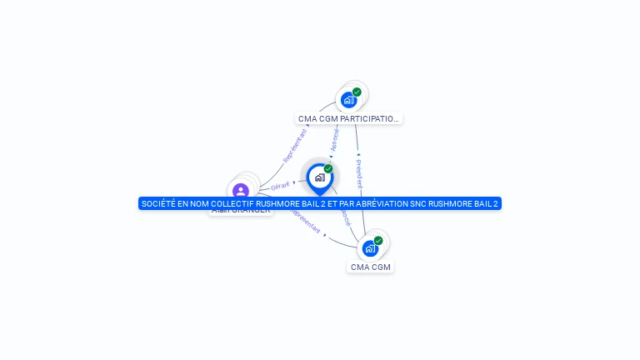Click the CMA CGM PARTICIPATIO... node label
[x=348, y=119]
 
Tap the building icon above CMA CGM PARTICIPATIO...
[x=348, y=100]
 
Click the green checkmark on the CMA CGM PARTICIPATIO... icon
[x=357, y=92]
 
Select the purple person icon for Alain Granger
[x=241, y=191]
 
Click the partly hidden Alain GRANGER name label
[x=241, y=211]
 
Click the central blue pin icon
[x=319, y=177]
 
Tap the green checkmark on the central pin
[x=328, y=168]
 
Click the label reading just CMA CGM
[x=370, y=267]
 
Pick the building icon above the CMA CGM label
[x=370, y=248]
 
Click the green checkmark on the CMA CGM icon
[x=378, y=240]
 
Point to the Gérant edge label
[x=280, y=186]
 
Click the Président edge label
[x=359, y=173]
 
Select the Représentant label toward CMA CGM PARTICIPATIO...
[x=295, y=145]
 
